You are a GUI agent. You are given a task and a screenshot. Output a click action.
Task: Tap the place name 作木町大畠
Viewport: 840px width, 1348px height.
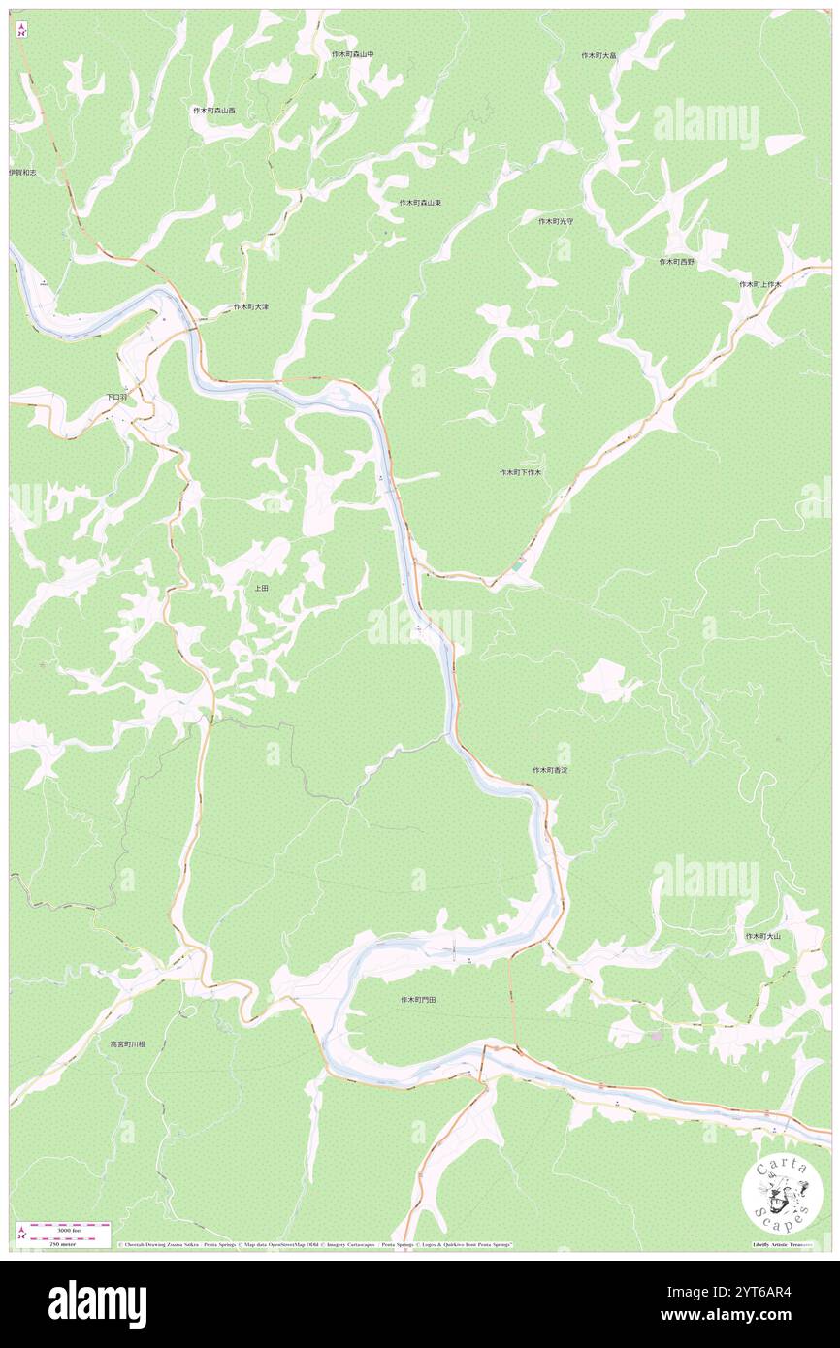(x=598, y=56)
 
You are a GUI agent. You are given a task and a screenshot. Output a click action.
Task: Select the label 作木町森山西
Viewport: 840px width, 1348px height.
(x=213, y=111)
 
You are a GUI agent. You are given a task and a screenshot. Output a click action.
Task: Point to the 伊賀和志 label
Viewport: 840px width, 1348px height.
(x=22, y=172)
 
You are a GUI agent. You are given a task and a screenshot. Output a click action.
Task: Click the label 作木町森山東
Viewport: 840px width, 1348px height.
(x=420, y=203)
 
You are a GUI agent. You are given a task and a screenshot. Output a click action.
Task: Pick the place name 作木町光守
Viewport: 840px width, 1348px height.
(x=556, y=221)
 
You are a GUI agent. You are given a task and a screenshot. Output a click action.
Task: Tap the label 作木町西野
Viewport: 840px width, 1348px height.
(x=677, y=262)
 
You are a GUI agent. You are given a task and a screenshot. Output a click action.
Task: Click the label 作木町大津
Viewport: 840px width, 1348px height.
(x=250, y=307)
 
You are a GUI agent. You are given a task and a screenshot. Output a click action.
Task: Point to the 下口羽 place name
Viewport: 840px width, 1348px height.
(x=116, y=398)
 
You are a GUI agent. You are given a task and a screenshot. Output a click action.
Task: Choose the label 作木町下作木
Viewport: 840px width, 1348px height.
(x=520, y=472)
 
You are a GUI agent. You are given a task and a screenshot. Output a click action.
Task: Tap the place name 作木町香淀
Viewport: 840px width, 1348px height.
(x=550, y=769)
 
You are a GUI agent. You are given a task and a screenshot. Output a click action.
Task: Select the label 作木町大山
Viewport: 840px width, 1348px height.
(x=762, y=936)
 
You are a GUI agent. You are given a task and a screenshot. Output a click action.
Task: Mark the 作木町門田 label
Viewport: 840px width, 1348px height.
(x=419, y=999)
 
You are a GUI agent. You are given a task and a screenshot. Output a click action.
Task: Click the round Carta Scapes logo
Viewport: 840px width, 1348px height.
(x=782, y=1193)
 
